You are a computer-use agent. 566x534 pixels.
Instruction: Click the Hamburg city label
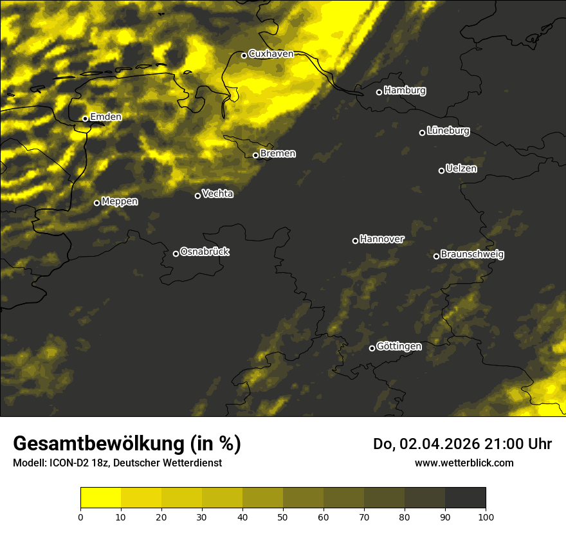pyautogui.click(x=405, y=91)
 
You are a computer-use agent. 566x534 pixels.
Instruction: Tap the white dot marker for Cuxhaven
pyautogui.click(x=244, y=55)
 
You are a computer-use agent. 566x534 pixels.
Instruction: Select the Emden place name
pyautogui.click(x=105, y=117)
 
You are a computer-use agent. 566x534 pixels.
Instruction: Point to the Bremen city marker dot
pyautogui.click(x=255, y=155)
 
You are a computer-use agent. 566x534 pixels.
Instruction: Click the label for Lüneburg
pyautogui.click(x=448, y=131)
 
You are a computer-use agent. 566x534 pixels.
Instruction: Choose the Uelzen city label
pyautogui.click(x=461, y=169)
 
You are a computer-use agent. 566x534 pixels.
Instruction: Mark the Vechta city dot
pyautogui.click(x=197, y=196)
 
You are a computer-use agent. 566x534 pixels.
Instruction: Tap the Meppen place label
pyautogui.click(x=120, y=201)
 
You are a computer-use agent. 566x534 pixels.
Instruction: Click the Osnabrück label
pyautogui.click(x=205, y=252)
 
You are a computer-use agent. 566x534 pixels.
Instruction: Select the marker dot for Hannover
pyautogui.click(x=355, y=241)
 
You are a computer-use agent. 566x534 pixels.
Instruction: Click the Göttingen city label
pyautogui.click(x=399, y=347)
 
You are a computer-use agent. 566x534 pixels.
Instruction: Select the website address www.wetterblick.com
pyautogui.click(x=464, y=463)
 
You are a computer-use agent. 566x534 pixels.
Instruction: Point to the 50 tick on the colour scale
pyautogui.click(x=283, y=516)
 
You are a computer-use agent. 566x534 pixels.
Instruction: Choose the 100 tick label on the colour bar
pyautogui.click(x=486, y=516)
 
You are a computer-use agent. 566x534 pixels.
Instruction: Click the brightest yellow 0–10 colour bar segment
pyautogui.click(x=100, y=498)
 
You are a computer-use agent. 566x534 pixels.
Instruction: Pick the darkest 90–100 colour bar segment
pyautogui.click(x=465, y=498)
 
